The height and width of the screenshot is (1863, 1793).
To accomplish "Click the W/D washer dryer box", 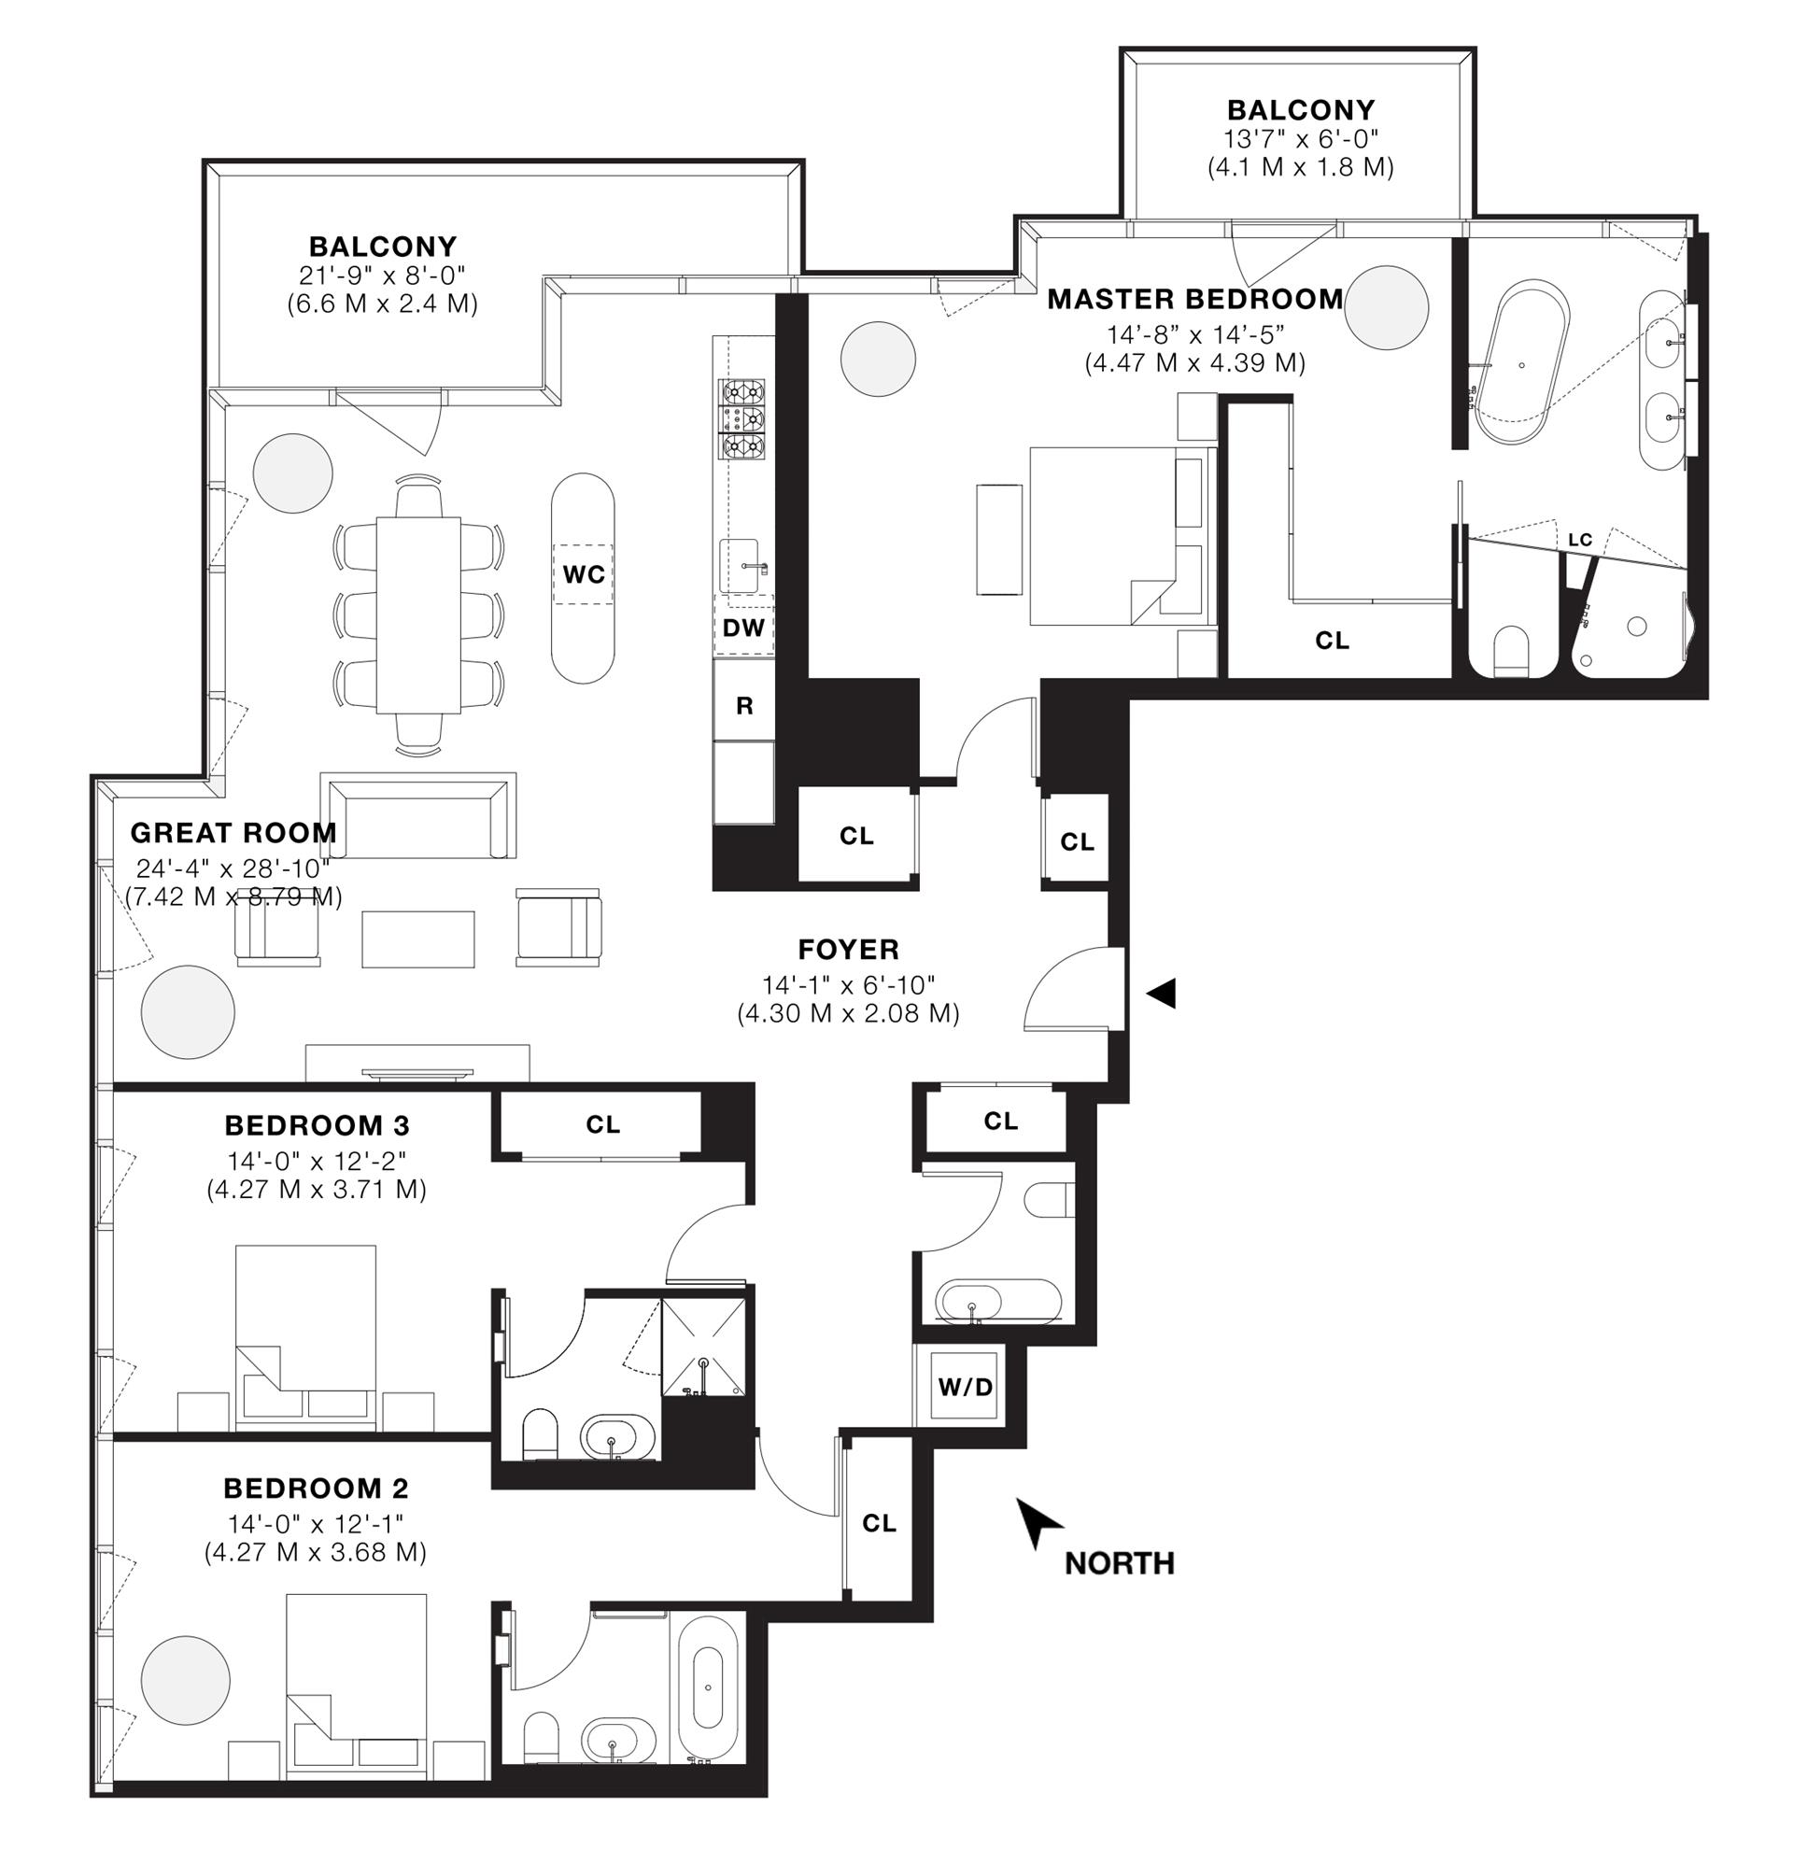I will tap(965, 1387).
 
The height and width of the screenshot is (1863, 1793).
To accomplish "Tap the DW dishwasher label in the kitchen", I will tap(742, 628).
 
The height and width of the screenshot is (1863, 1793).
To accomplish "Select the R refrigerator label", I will tap(744, 705).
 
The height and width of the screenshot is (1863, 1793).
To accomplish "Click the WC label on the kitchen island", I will tap(584, 574).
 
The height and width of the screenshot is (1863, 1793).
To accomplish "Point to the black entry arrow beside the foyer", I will tap(1161, 995).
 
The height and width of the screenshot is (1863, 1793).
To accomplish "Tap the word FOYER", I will tap(848, 949).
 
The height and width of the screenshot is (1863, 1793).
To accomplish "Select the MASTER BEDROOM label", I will tap(1195, 300).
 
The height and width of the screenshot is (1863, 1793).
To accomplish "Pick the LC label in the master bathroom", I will tap(1579, 540).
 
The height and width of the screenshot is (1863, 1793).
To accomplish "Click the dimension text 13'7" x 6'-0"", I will tap(1300, 139).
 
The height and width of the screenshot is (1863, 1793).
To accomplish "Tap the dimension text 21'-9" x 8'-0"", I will tap(382, 275).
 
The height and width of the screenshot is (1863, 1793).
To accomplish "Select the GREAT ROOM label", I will tap(233, 833).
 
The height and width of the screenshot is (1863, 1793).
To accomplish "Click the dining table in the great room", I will tap(418, 614).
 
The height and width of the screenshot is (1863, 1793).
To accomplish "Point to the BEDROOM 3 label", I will tap(317, 1125).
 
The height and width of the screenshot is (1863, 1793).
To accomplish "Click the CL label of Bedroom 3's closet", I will tap(602, 1124).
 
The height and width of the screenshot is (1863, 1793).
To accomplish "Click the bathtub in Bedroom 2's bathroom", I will tap(707, 1686).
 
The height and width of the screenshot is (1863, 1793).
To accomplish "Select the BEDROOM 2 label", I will tap(316, 1488).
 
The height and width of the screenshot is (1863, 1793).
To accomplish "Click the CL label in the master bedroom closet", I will tap(1331, 641).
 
